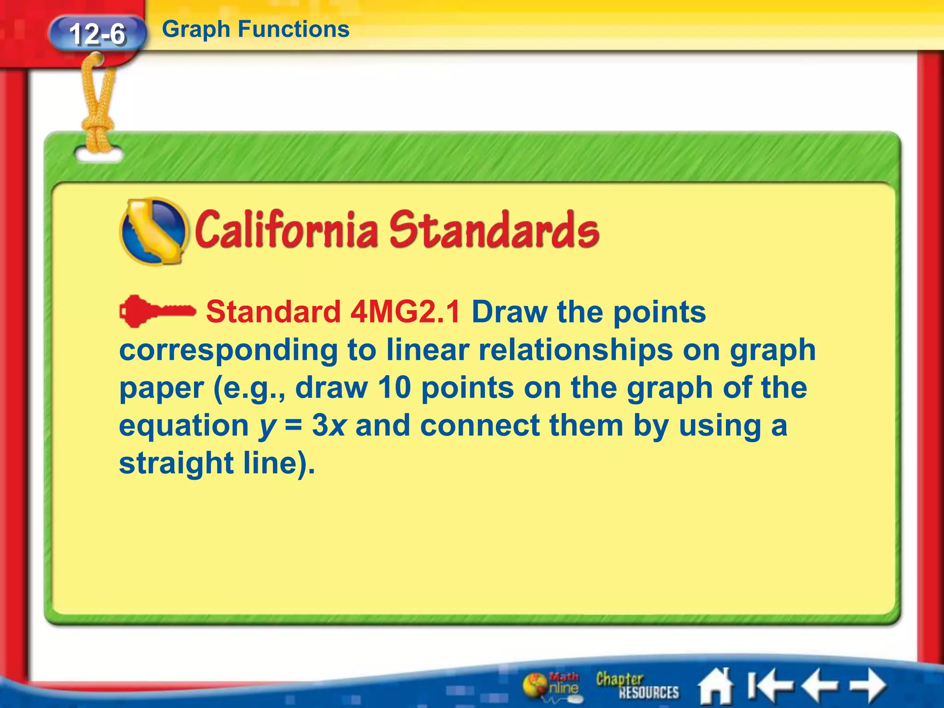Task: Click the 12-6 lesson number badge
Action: click(97, 34)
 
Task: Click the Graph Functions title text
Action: click(255, 29)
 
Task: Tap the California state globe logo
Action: click(153, 231)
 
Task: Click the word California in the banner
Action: click(286, 230)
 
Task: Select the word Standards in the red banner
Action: click(494, 230)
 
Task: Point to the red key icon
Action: click(157, 311)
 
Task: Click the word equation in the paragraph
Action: click(184, 425)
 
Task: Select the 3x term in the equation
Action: click(329, 425)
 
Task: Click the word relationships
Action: click(576, 350)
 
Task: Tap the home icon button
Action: click(715, 686)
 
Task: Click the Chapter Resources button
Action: click(637, 685)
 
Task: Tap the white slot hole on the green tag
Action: click(99, 155)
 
